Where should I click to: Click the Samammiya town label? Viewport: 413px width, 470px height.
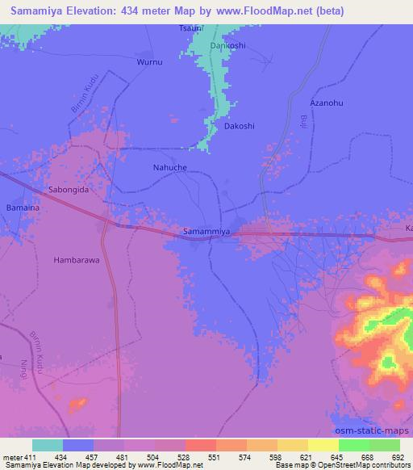207,232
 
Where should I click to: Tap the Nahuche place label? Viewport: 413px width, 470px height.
169,168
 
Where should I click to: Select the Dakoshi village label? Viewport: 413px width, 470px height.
240,126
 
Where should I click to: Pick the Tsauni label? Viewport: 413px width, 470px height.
191,28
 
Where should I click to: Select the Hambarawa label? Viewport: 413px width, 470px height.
74,260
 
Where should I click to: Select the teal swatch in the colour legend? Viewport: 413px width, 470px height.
48,445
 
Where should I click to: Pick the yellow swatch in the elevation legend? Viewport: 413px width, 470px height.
293,445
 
